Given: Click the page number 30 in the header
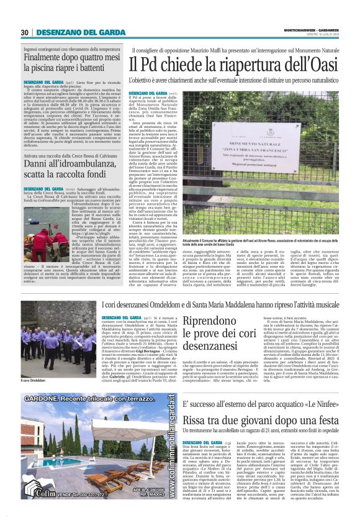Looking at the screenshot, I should click(x=25, y=33).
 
